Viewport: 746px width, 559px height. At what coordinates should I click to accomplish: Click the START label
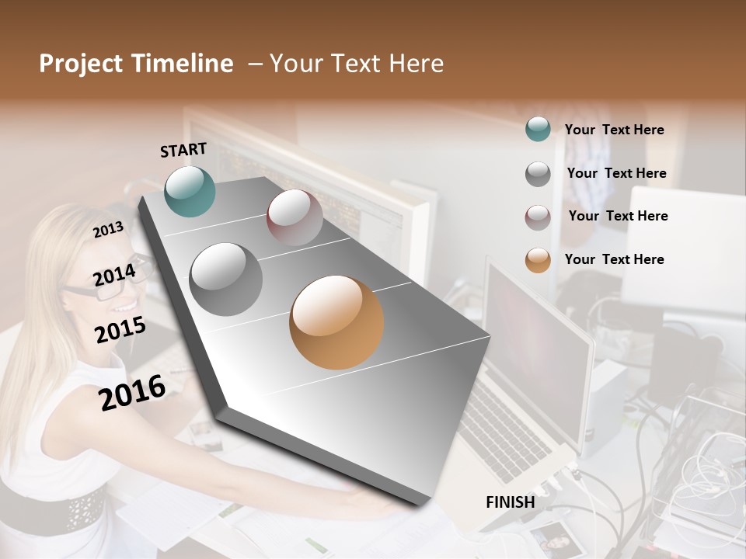pos(183,150)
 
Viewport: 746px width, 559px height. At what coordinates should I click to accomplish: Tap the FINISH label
pos(510,502)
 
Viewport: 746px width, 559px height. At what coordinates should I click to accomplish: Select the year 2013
pos(109,230)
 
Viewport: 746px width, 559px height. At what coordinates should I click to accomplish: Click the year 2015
pos(120,330)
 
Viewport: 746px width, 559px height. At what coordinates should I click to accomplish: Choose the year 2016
pos(132,392)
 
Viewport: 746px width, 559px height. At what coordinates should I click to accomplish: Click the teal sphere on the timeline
pos(190,191)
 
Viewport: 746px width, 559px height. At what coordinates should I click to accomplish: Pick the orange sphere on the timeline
pos(336,322)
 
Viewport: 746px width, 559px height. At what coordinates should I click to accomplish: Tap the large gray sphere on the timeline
pos(226,279)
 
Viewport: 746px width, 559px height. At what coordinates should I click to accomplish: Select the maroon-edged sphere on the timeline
pos(295,217)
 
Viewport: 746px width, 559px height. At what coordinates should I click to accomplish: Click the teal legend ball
pos(538,129)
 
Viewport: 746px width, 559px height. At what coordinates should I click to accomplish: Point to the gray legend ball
pos(538,173)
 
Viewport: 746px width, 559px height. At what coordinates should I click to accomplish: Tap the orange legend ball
pos(538,260)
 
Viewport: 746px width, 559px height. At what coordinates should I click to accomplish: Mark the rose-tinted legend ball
pos(538,217)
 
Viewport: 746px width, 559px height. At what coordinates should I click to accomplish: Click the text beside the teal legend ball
pos(614,130)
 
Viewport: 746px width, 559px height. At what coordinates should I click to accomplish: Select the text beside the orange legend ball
pos(614,259)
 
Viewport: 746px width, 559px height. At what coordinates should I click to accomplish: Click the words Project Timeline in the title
pos(136,64)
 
